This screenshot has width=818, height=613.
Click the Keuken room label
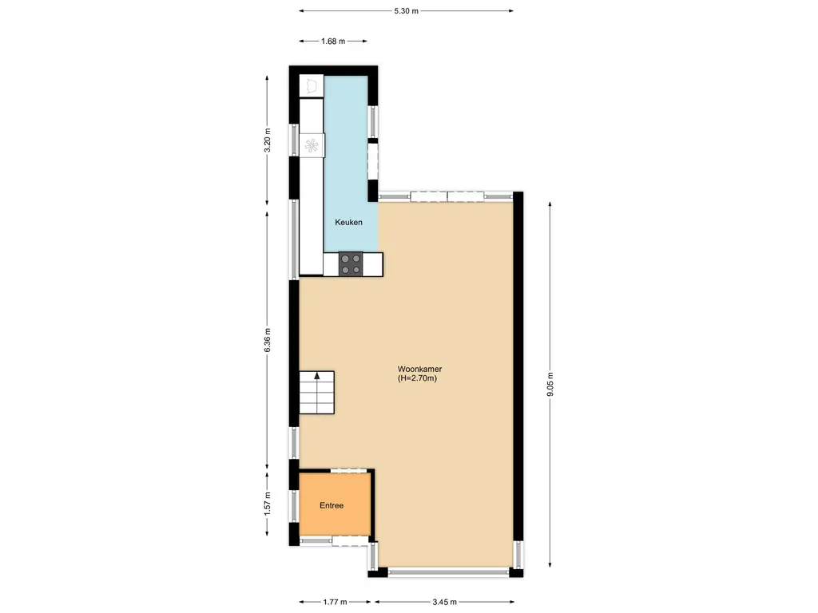(348, 222)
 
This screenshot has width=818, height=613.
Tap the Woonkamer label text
(419, 369)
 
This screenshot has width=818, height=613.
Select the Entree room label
(332, 505)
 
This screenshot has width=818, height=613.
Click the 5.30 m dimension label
(407, 10)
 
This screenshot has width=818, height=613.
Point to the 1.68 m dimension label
(333, 42)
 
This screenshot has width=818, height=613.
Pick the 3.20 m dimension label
(268, 140)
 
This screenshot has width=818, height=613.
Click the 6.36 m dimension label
(268, 340)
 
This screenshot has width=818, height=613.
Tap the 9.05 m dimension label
(550, 384)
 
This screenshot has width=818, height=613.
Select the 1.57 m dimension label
(268, 504)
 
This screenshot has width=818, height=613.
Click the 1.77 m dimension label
(335, 602)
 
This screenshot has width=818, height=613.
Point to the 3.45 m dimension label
(444, 602)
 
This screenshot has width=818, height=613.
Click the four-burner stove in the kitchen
(351, 263)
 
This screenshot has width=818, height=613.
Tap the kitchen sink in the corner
(312, 85)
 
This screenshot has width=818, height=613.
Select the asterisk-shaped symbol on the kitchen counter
(312, 145)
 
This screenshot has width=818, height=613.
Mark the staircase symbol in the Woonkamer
(316, 393)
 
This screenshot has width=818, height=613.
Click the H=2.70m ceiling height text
(417, 378)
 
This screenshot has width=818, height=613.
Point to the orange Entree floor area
(335, 504)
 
